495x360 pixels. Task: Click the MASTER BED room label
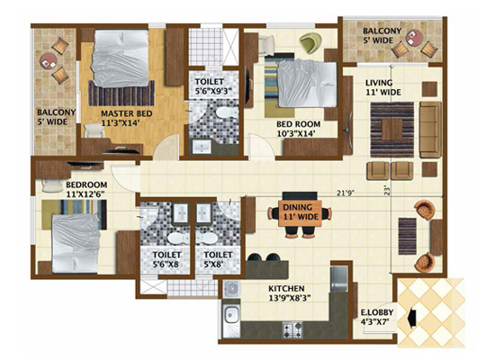tap(127, 118)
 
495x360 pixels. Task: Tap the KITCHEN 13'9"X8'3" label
tap(287, 293)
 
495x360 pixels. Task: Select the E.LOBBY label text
tap(377, 312)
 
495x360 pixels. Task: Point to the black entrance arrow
tap(411, 319)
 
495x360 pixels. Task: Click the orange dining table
tap(301, 212)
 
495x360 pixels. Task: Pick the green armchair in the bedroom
tap(310, 42)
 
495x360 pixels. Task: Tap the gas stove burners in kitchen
tap(292, 329)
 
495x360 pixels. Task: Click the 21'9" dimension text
tap(344, 193)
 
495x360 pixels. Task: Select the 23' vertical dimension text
tap(387, 190)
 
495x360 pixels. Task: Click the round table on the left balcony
tap(49, 61)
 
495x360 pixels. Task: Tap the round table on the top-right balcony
tap(415, 38)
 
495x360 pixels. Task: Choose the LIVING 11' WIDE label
tap(382, 87)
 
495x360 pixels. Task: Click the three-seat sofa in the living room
tap(430, 130)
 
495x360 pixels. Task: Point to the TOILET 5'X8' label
tap(218, 259)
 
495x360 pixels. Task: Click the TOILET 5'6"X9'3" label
tap(213, 86)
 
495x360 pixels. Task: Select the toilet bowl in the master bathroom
tap(227, 112)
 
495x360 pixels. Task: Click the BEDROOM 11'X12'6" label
tap(86, 189)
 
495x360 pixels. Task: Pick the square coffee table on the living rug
tap(392, 130)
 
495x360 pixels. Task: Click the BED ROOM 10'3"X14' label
tap(298, 129)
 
